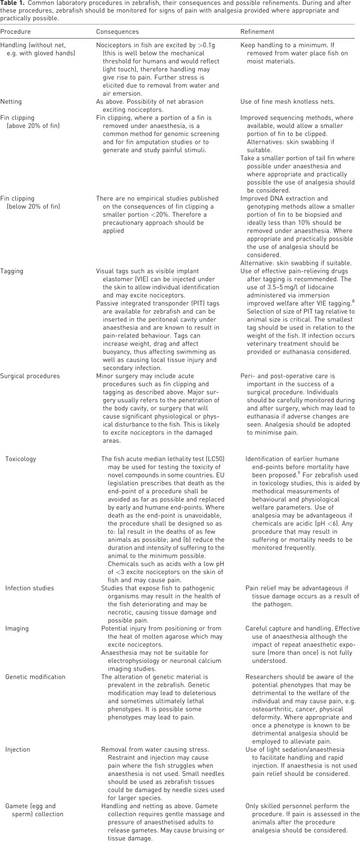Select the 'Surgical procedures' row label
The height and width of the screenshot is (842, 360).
[31, 376]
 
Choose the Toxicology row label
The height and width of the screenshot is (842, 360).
[21, 459]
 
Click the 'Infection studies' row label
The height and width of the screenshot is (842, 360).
[30, 588]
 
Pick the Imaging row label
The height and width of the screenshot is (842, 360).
[17, 628]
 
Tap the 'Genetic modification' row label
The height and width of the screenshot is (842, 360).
[35, 677]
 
